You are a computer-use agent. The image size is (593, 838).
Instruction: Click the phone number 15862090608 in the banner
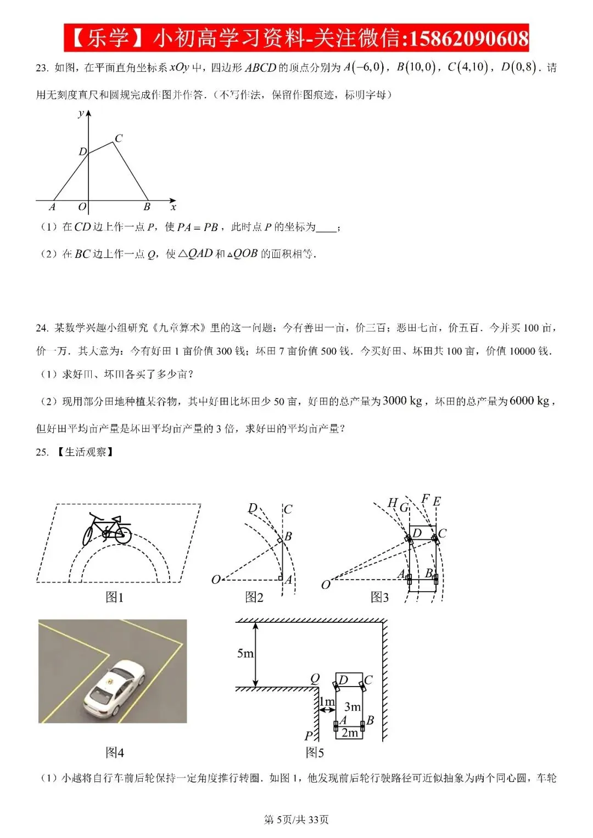(x=469, y=38)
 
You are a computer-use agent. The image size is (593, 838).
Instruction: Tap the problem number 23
(x=42, y=68)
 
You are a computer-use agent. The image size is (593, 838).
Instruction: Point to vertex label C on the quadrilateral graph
(x=119, y=138)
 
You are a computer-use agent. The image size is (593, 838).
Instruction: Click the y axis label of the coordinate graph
(x=81, y=114)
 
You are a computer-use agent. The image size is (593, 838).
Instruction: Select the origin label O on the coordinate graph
(x=82, y=206)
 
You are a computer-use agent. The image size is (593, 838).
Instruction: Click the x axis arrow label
(x=173, y=207)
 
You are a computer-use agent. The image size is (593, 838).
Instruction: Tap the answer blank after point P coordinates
(x=326, y=228)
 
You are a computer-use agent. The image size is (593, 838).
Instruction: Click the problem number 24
(x=42, y=328)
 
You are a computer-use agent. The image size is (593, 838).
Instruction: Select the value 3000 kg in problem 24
(x=402, y=401)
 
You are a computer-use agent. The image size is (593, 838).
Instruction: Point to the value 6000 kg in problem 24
(x=529, y=401)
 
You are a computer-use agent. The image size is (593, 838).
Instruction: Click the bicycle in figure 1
(x=107, y=529)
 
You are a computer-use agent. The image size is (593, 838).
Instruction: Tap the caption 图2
(x=254, y=597)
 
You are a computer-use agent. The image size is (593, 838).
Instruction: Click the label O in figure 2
(x=216, y=580)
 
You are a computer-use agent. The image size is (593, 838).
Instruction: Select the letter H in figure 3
(x=392, y=503)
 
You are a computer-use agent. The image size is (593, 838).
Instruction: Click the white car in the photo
(x=114, y=687)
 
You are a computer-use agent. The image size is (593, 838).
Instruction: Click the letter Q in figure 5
(x=315, y=678)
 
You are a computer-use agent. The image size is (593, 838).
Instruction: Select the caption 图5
(x=315, y=752)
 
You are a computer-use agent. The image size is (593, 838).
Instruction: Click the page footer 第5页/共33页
(x=296, y=820)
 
